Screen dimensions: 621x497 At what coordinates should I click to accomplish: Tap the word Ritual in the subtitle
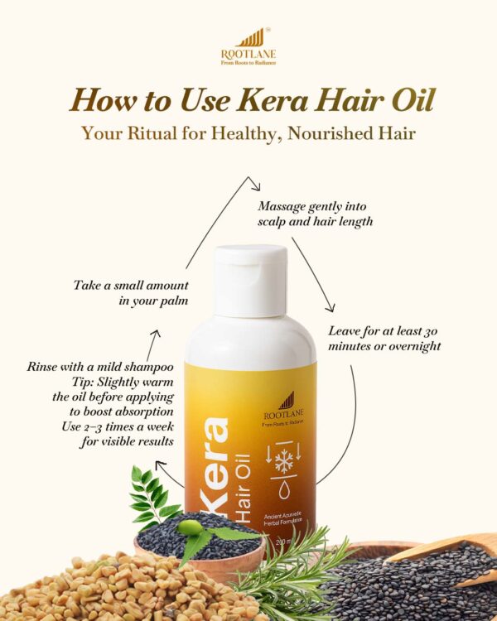click(x=171, y=133)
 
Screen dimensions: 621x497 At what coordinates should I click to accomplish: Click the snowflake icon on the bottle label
click(x=284, y=460)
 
